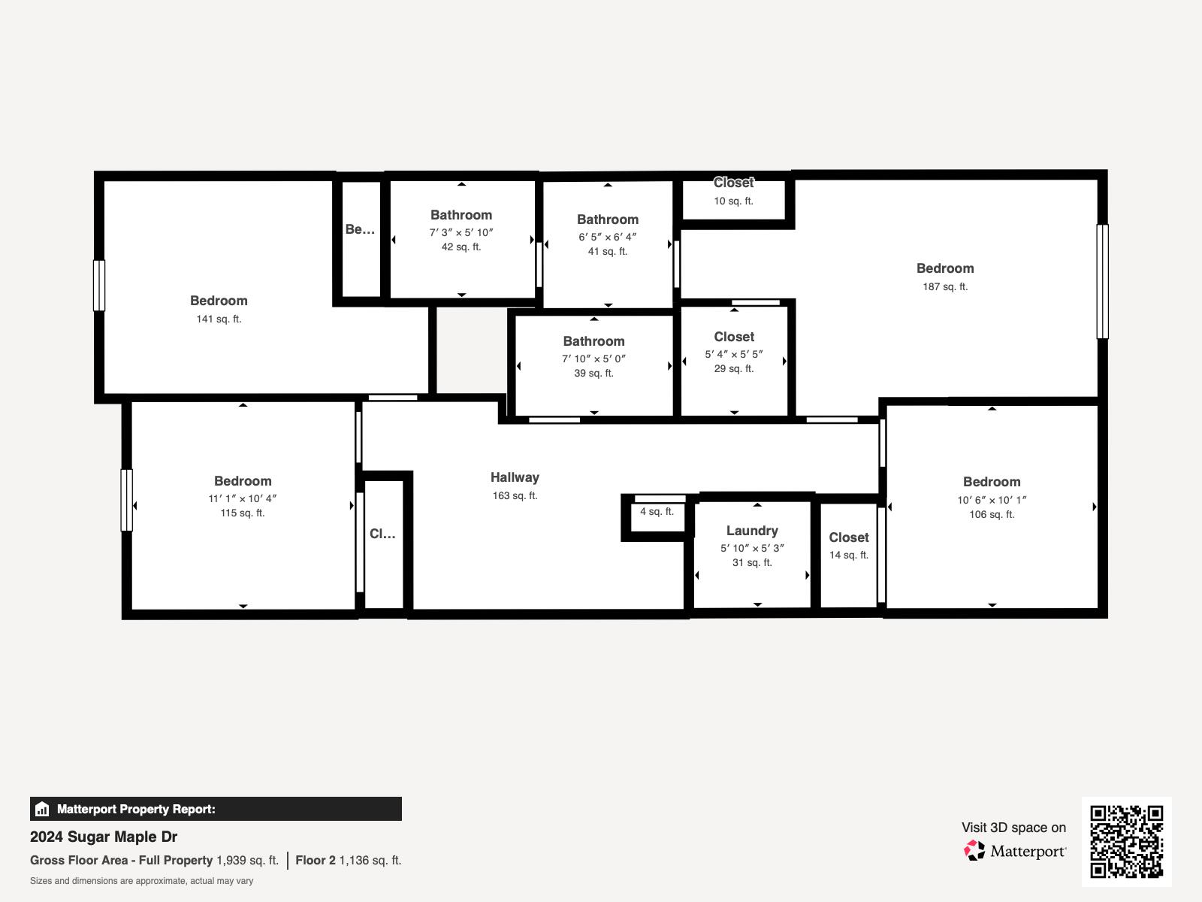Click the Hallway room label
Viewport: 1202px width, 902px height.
coord(515,477)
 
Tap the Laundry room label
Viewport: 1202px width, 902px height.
coord(752,531)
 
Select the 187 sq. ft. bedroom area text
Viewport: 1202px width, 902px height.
coord(945,286)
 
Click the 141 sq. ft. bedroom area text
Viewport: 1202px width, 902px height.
coord(219,319)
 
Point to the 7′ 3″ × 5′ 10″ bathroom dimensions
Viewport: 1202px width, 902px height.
coord(461,232)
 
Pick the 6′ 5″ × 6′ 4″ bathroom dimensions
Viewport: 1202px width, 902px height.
coord(607,237)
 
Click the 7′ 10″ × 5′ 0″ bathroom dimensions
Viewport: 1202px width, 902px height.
coord(593,359)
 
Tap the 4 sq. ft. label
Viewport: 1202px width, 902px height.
coord(657,512)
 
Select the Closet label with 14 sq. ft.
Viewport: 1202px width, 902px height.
coord(849,537)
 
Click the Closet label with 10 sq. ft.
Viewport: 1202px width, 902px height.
coord(733,183)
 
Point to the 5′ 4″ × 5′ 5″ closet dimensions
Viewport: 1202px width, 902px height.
coord(734,354)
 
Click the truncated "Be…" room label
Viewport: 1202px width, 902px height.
coord(360,229)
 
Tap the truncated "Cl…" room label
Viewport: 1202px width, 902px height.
coord(382,534)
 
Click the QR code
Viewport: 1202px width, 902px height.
coord(1126,841)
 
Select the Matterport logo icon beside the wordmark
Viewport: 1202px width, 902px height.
coord(975,851)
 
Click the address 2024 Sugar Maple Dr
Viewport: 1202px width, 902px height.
coord(104,837)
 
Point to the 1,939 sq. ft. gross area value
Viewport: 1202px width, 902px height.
coord(247,860)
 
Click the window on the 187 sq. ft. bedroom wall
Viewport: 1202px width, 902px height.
coord(1102,281)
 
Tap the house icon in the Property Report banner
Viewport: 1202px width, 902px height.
coord(42,810)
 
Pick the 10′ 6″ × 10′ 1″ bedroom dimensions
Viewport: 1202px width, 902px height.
coord(992,500)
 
